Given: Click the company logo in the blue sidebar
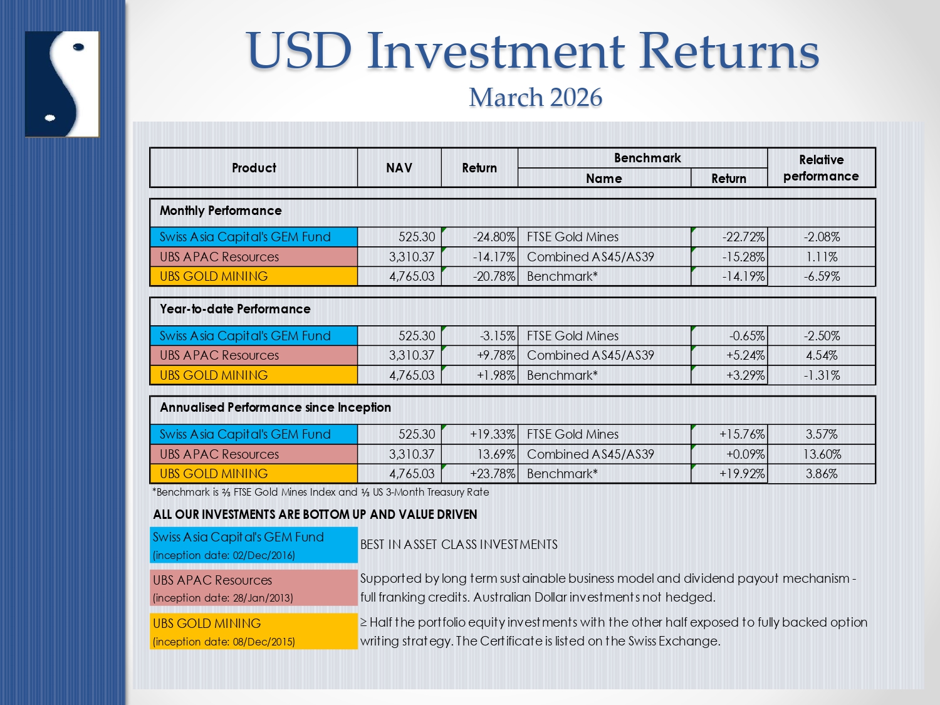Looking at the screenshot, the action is point(62,84).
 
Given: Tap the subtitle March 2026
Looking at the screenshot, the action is point(535,97).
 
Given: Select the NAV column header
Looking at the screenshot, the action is point(399,168).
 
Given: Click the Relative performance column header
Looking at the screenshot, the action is point(821,168).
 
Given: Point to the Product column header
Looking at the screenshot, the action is point(254,168).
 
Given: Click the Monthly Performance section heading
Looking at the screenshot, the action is point(221,211).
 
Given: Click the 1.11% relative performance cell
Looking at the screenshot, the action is point(822,257).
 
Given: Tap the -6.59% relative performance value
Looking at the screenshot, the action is point(822,276).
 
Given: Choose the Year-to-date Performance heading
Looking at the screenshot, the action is point(235,309).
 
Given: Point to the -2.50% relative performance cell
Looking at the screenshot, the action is point(822,336).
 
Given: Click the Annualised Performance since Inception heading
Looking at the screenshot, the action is point(275,407).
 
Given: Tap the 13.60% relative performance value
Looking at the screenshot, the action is point(822,454).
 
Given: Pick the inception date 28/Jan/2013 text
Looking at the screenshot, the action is point(223,598).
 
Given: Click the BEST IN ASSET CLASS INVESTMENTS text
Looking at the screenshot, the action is point(459,545).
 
